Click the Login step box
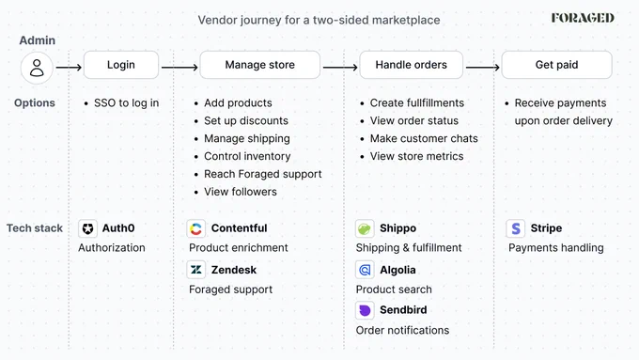(121, 65)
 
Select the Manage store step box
(260, 65)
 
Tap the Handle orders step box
(412, 65)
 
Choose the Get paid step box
(556, 65)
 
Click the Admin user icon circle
(37, 68)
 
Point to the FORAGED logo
(583, 18)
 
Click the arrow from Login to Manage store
(179, 68)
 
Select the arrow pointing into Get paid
(483, 68)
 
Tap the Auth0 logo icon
(87, 228)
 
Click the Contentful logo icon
(196, 228)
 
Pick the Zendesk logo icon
(196, 270)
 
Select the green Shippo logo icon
(365, 228)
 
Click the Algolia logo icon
(365, 270)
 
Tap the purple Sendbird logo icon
(365, 310)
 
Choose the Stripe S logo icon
(516, 228)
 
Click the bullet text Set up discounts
(246, 120)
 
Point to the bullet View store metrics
(416, 156)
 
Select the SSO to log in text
(126, 103)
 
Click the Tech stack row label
(35, 228)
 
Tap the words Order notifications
(402, 330)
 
